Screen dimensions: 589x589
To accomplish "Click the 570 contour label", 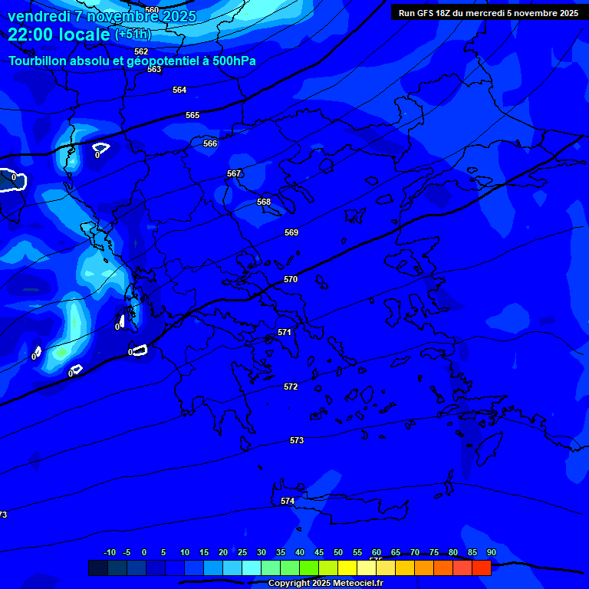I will point(291,280).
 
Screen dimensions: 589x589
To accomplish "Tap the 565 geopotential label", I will point(192,115).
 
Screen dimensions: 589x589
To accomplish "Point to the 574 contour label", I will point(288,501).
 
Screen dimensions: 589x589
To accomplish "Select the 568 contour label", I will point(264,202).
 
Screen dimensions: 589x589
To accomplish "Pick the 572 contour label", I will point(291,387).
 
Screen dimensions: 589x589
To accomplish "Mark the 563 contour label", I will point(155,70).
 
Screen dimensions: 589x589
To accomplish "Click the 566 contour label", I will point(210,143).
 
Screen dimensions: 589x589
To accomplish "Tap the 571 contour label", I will point(285,332).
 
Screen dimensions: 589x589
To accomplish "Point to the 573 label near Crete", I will point(297,440).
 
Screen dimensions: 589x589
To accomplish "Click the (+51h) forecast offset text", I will point(133,35).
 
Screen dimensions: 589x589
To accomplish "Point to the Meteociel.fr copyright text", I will point(353,584).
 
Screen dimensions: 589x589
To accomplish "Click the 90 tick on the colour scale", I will point(491,552).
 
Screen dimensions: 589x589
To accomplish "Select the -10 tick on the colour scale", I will point(109,552).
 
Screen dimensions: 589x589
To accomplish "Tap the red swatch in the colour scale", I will point(481,568).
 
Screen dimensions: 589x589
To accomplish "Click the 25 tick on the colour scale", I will point(242,552).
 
